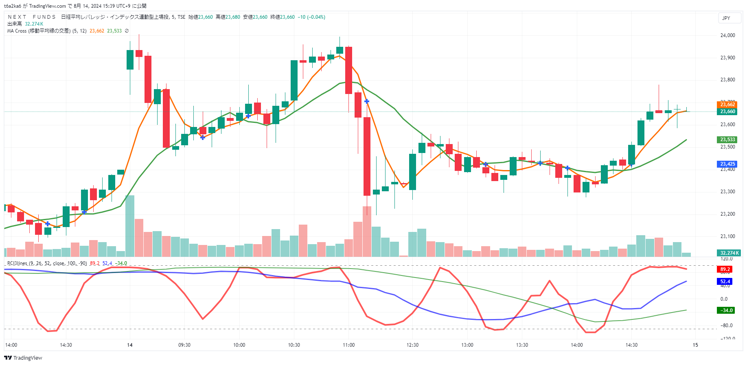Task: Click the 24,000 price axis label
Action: (x=727, y=35)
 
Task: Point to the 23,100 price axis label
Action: (x=727, y=236)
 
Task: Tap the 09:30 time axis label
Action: (x=184, y=345)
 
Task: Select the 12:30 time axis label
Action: (x=412, y=345)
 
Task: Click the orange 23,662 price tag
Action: (x=727, y=105)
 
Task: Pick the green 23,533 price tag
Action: (x=727, y=140)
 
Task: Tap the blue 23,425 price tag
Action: (x=727, y=164)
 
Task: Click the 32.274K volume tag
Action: (x=729, y=253)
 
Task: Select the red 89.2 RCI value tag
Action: (x=725, y=269)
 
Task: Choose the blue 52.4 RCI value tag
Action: (x=725, y=282)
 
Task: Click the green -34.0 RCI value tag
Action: (x=726, y=310)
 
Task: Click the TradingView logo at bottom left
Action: (x=23, y=358)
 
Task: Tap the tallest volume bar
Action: (x=130, y=226)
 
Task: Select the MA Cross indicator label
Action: (x=39, y=31)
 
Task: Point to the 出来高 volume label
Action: (x=14, y=24)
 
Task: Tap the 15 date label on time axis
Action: (x=695, y=345)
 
